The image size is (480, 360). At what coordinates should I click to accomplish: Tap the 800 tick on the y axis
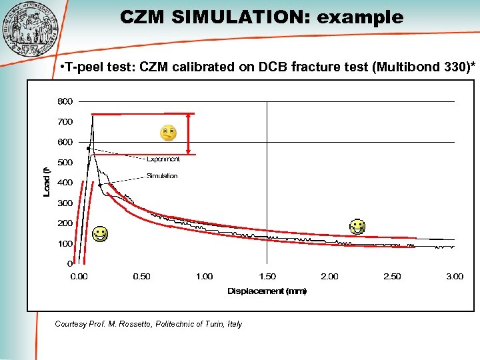point(65,102)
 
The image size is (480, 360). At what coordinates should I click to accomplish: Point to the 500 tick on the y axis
point(65,163)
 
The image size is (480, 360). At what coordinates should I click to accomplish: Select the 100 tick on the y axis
point(65,244)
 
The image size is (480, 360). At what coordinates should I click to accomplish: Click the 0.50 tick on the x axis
point(141,277)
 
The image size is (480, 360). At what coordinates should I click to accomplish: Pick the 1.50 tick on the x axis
point(267,277)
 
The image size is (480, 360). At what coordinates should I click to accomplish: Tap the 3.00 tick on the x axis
point(454,277)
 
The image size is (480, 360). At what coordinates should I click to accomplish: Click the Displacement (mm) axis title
point(267,291)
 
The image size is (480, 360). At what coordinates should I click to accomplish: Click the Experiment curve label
point(163,159)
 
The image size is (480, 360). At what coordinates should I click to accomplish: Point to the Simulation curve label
point(162,176)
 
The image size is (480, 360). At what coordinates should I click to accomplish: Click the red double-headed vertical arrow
point(189,134)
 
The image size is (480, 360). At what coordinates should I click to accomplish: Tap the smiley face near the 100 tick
point(100,234)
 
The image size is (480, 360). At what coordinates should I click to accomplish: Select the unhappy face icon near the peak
point(168,133)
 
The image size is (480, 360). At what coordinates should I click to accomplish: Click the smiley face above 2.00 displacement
point(358,227)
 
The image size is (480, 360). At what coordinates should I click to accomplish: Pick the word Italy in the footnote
point(233,324)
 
